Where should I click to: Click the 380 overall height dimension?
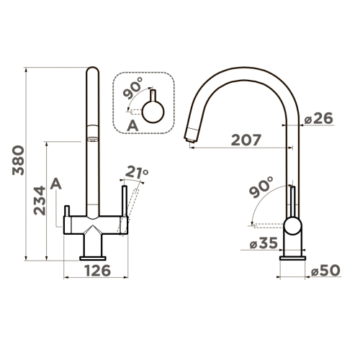pyautogui.click(x=19, y=160)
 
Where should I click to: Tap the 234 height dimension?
pyautogui.click(x=40, y=200)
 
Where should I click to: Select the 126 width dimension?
pyautogui.click(x=98, y=271)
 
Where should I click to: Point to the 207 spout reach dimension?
pyautogui.click(x=246, y=140)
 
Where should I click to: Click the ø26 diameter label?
pyautogui.click(x=319, y=118)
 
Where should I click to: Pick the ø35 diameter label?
pyautogui.click(x=264, y=243)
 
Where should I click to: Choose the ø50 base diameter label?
pyautogui.click(x=325, y=270)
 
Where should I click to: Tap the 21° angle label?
pyautogui.click(x=137, y=172)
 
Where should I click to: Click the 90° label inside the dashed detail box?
pyautogui.click(x=132, y=88)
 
